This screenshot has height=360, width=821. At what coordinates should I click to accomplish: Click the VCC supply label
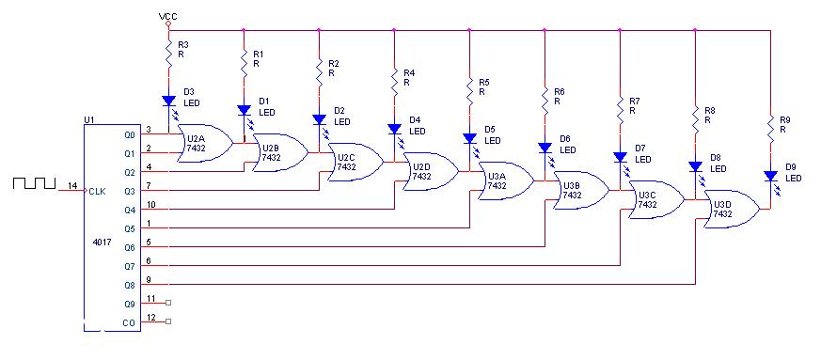click(x=168, y=17)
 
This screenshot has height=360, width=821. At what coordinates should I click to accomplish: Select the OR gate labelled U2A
click(x=205, y=143)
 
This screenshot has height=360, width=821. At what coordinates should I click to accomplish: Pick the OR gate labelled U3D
click(x=732, y=209)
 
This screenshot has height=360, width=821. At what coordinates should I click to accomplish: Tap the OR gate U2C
click(x=355, y=162)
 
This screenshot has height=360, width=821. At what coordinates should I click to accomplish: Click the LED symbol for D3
click(x=168, y=101)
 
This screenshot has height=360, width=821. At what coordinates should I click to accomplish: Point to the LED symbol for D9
click(x=770, y=176)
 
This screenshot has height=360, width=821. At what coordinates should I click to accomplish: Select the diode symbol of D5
click(x=469, y=138)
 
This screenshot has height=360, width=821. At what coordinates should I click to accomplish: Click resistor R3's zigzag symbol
click(x=168, y=54)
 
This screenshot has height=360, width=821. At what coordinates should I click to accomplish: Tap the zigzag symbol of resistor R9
click(x=770, y=129)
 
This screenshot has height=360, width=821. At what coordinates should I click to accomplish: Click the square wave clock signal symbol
click(x=34, y=183)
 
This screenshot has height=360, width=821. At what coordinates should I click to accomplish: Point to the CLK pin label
click(x=98, y=192)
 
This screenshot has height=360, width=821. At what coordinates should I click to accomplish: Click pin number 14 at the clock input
click(x=72, y=186)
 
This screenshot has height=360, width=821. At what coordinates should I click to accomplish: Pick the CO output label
click(x=129, y=323)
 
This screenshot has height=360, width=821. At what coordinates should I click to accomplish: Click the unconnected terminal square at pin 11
click(x=168, y=303)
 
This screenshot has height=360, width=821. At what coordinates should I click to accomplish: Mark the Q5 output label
click(x=129, y=229)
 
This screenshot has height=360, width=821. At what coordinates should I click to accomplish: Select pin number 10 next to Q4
click(x=150, y=204)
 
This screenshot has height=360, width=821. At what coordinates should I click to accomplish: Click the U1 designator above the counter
click(x=88, y=119)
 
